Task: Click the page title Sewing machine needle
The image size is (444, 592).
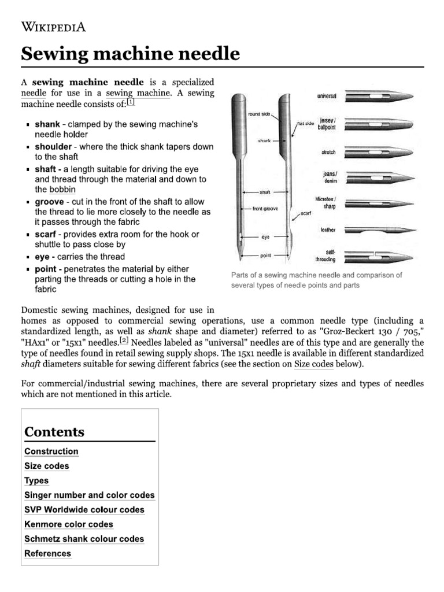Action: (x=130, y=54)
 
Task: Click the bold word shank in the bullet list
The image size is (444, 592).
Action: (x=47, y=124)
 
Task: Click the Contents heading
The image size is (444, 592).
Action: (x=54, y=432)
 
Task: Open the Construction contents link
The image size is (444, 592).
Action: (x=51, y=452)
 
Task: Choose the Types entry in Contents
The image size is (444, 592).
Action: (x=36, y=480)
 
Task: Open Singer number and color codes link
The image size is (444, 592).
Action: (x=90, y=495)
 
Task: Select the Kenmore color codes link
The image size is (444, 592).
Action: (x=69, y=524)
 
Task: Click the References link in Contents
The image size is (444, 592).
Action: (x=48, y=553)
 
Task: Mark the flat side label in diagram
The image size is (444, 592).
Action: (x=305, y=124)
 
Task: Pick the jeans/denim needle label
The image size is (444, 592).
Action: (x=330, y=177)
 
